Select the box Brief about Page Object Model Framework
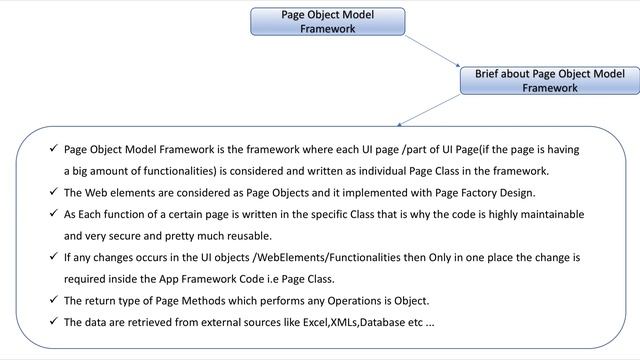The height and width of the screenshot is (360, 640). pyautogui.click(x=549, y=81)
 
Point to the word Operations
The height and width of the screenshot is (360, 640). pyautogui.click(x=360, y=300)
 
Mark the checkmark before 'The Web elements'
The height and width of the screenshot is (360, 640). pyautogui.click(x=52, y=193)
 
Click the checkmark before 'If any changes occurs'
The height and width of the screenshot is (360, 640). pyautogui.click(x=52, y=257)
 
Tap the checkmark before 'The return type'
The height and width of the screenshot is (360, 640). pyautogui.click(x=52, y=300)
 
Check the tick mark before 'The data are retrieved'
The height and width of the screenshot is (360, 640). pyautogui.click(x=52, y=322)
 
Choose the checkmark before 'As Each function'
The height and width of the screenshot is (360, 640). pyautogui.click(x=52, y=214)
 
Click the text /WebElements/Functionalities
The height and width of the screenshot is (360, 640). pyautogui.click(x=289, y=257)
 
